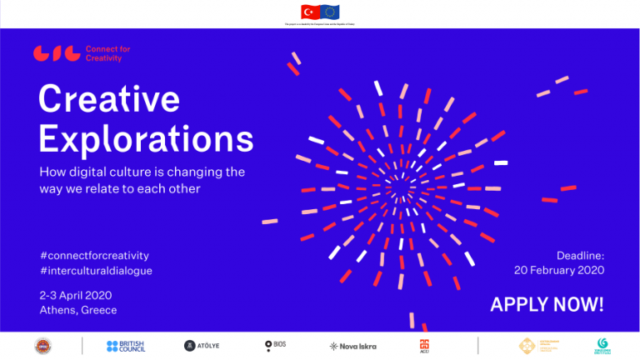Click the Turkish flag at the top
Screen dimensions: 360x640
click(x=310, y=12)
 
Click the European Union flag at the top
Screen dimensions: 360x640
click(x=331, y=12)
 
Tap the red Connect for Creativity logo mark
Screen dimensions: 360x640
click(x=57, y=53)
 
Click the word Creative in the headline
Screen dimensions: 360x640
click(x=109, y=100)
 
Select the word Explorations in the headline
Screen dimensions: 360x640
click(x=146, y=137)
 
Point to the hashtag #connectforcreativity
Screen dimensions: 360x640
click(x=94, y=255)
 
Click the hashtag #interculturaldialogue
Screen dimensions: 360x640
click(x=96, y=270)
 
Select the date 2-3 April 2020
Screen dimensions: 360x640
click(x=75, y=295)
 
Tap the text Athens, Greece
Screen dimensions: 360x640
click(x=78, y=310)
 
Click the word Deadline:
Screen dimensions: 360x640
click(x=580, y=255)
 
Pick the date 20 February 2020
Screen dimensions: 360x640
click(x=558, y=270)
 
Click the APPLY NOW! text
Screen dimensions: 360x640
click(x=547, y=304)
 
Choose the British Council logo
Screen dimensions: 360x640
click(x=126, y=346)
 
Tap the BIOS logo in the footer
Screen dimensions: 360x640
click(x=275, y=345)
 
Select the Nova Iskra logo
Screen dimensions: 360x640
click(x=353, y=346)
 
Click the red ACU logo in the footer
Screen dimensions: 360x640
click(x=424, y=346)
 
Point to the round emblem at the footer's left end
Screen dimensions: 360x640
click(x=43, y=346)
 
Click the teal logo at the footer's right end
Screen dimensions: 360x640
click(x=603, y=346)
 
